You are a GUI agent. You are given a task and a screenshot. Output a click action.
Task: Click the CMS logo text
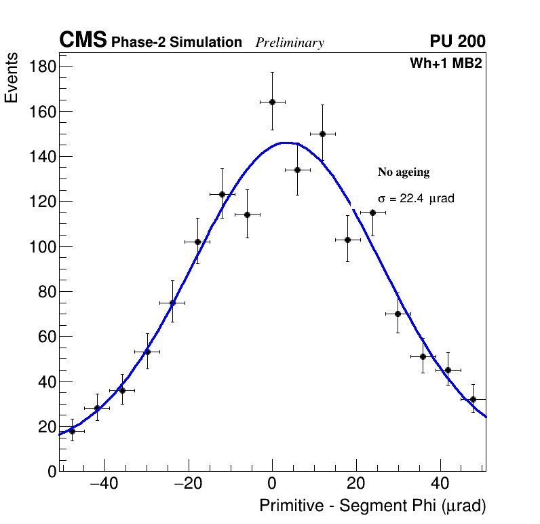click(x=83, y=41)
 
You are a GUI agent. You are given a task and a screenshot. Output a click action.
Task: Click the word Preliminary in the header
click(x=290, y=43)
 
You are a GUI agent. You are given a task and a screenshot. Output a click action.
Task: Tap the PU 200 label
click(x=458, y=41)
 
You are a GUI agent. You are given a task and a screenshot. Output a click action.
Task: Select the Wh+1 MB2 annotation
click(x=446, y=64)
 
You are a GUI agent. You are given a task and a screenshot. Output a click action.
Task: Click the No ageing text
click(x=404, y=172)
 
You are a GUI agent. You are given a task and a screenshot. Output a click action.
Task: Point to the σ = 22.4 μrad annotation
click(x=416, y=199)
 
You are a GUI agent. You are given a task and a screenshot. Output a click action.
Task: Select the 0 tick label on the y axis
click(x=52, y=472)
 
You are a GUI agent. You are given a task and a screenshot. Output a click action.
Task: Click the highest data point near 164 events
click(x=272, y=102)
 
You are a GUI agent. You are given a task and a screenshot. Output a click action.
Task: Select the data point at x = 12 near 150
click(x=322, y=134)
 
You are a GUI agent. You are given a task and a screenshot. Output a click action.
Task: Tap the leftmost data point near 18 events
click(x=72, y=431)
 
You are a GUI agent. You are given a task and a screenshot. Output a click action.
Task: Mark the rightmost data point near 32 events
click(x=473, y=399)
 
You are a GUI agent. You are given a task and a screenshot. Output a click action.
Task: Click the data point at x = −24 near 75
click(x=172, y=303)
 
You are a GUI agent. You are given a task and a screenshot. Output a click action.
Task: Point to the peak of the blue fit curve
click(x=285, y=143)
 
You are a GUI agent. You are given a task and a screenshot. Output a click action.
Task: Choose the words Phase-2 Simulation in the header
click(x=176, y=43)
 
